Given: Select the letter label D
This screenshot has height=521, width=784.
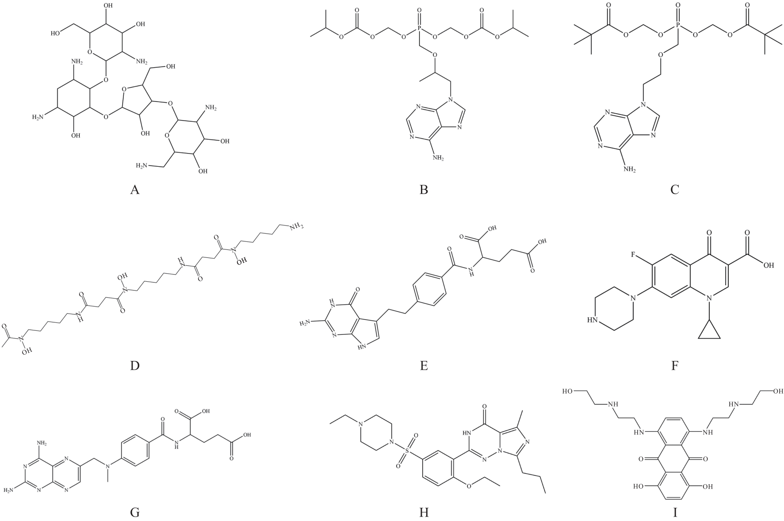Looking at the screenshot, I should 135,366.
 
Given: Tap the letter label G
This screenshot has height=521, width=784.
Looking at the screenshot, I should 135,513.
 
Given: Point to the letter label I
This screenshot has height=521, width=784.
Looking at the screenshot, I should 675,513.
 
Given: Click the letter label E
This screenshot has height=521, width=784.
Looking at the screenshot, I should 424,366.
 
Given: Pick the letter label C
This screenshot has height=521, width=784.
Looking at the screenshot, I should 675,190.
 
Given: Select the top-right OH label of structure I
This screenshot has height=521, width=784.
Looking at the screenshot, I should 777,391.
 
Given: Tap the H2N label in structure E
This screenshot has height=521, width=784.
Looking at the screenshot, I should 306,323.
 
